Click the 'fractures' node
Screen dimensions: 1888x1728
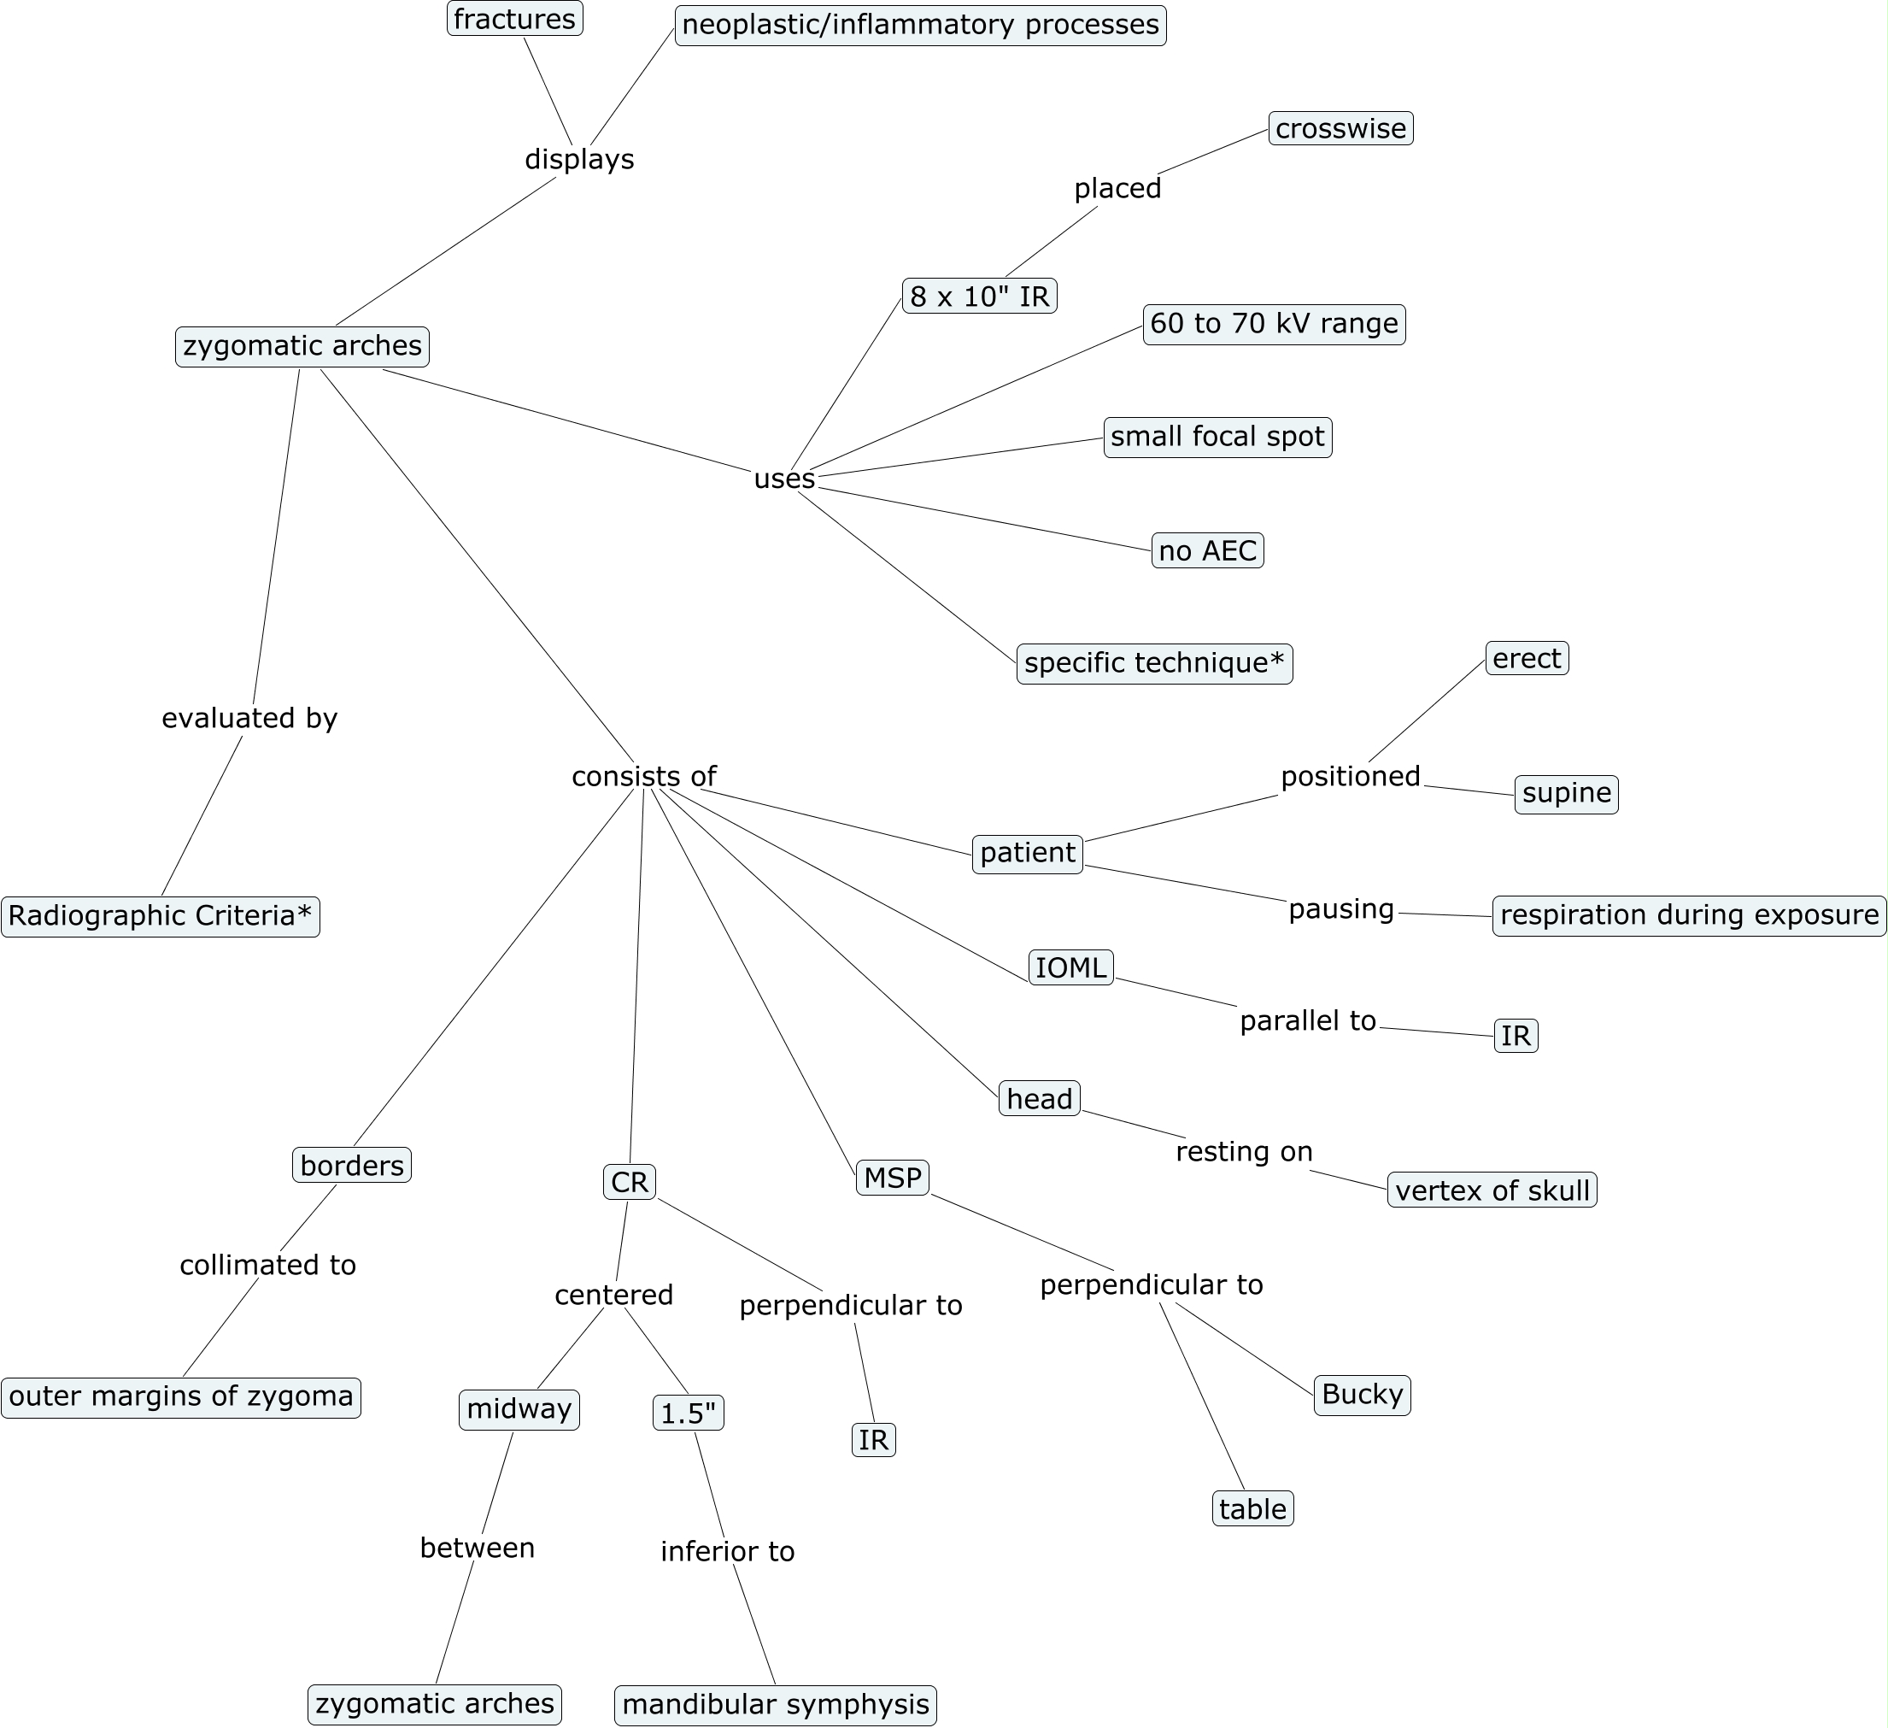tap(514, 19)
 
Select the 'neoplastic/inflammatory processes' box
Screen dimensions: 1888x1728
tap(921, 24)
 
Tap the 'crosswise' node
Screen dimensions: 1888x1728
tap(1341, 128)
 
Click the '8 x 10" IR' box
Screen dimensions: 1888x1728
tap(980, 296)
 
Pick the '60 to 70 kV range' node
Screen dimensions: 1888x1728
tap(1274, 324)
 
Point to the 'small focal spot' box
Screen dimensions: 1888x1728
tap(1217, 438)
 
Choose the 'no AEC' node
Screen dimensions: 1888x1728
tap(1207, 550)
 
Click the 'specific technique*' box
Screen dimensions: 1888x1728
tap(1155, 663)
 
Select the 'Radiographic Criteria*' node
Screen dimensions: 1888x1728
tap(160, 916)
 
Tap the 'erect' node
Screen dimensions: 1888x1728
tap(1527, 658)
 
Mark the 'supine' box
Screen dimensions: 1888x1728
tap(1567, 794)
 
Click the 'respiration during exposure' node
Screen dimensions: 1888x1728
tap(1690, 915)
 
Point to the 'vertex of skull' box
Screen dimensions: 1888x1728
tap(1492, 1190)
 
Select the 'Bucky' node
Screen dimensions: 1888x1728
tap(1363, 1395)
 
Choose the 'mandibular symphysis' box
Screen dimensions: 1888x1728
tap(776, 1704)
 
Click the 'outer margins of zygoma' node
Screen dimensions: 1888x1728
tap(181, 1396)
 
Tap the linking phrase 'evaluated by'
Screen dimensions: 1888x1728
tap(249, 719)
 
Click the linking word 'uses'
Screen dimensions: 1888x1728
tap(785, 479)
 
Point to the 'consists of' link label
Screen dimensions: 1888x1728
tap(644, 777)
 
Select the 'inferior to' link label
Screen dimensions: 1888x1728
tap(728, 1552)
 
